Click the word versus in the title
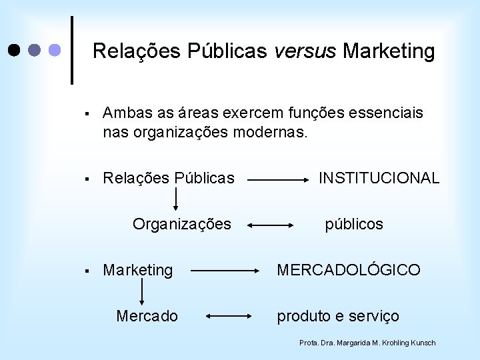(x=305, y=51)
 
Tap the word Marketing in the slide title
(x=389, y=51)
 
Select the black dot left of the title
(x=14, y=50)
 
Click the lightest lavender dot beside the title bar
(x=55, y=50)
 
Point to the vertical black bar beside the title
(x=72, y=50)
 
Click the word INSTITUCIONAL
(x=379, y=178)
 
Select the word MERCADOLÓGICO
(x=349, y=270)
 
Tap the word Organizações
(x=181, y=224)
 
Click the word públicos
(x=354, y=224)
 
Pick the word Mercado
(x=147, y=316)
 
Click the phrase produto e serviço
(x=338, y=316)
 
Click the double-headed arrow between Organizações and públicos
(x=271, y=226)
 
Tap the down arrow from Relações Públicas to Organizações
(x=177, y=199)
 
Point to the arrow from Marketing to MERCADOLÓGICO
(x=225, y=271)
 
